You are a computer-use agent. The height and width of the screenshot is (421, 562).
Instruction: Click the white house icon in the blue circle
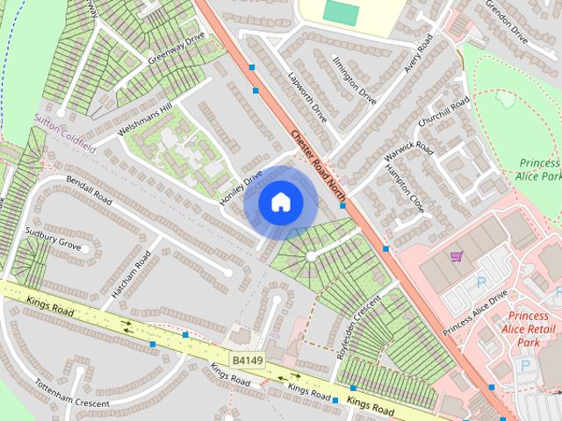280,202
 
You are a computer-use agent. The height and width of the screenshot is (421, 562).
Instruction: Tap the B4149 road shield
248,360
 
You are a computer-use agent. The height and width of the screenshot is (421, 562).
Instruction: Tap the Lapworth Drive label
307,97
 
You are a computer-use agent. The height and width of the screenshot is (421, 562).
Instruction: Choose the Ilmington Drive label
355,80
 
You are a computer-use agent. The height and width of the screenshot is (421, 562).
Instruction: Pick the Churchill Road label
445,115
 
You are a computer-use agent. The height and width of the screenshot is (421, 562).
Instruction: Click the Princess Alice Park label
539,169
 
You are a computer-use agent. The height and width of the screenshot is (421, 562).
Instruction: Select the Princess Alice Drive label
475,311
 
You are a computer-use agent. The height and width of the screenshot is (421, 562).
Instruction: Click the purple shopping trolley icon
456,256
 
